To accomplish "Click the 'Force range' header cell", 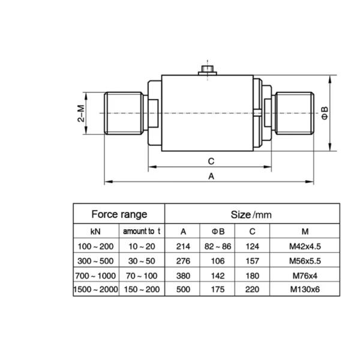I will [118, 214].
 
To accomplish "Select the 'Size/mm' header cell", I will [251, 214].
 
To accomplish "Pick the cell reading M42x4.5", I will [304, 246].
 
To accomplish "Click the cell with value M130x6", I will [304, 290].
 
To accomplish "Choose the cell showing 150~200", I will [142, 290].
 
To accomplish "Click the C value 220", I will [252, 290].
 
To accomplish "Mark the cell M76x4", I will [304, 275].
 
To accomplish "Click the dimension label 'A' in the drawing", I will [211, 176].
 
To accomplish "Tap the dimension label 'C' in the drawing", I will [211, 161].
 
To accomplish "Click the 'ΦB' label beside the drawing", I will [325, 113].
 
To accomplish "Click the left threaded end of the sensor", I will [123, 113].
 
